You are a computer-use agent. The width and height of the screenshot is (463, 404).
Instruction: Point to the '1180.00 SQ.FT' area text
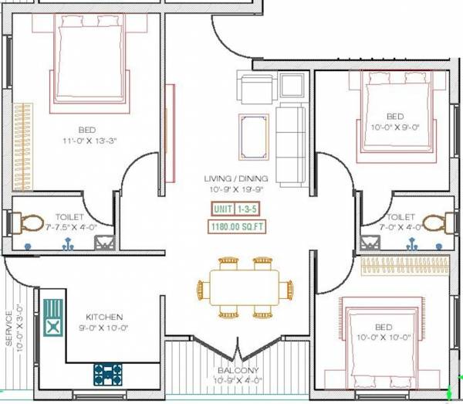pos(237,227)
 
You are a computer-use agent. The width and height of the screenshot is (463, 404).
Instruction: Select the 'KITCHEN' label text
pos(104,317)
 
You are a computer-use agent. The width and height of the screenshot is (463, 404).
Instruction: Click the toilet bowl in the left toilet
pos(30,224)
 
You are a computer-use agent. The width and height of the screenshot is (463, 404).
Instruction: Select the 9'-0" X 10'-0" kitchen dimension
pos(104,328)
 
